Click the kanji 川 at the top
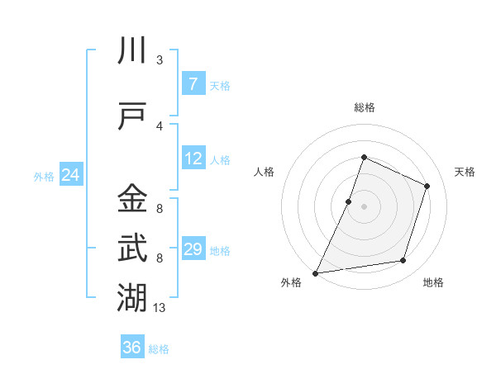[133, 51]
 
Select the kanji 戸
[133, 116]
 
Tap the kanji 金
[133, 199]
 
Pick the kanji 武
[133, 248]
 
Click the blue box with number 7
[193, 84]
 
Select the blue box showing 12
[193, 159]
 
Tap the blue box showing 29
[193, 249]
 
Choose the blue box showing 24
[70, 175]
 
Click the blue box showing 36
[131, 348]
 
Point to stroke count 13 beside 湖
[160, 308]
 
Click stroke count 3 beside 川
[160, 60]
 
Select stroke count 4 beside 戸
[160, 126]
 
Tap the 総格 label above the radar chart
[364, 107]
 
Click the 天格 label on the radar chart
[465, 172]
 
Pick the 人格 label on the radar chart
[264, 172]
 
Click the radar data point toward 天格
[427, 186]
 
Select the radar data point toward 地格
[403, 261]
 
